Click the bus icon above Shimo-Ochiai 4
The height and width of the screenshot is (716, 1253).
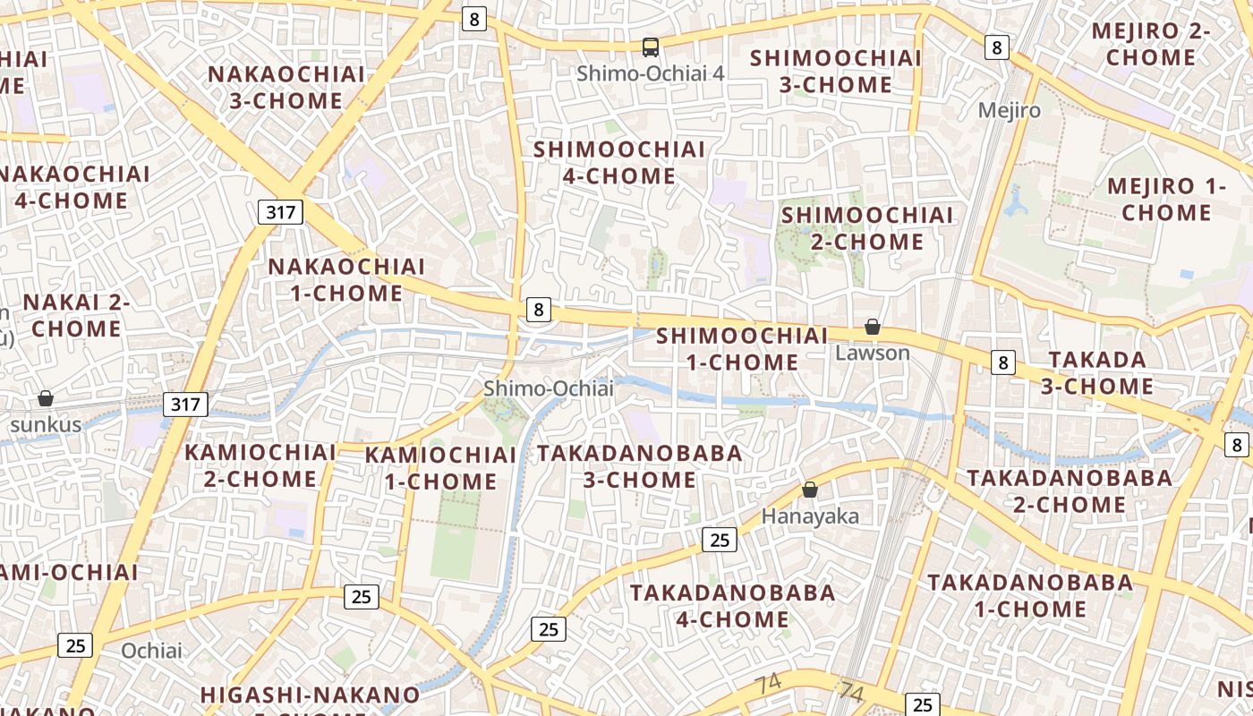(x=651, y=47)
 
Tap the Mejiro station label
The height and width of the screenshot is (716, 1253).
(x=1010, y=110)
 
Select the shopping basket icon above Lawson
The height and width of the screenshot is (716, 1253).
(x=872, y=328)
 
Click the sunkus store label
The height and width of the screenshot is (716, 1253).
(x=46, y=424)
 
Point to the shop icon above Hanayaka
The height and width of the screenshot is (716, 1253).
(x=810, y=490)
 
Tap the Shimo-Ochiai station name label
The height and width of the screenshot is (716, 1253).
(x=549, y=388)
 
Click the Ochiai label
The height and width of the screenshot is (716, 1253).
(x=151, y=651)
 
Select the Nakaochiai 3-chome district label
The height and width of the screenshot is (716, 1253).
(x=286, y=88)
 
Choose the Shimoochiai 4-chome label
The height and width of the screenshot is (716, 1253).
(x=619, y=163)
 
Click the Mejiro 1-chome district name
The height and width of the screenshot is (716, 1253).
(x=1166, y=200)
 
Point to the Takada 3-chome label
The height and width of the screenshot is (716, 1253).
(x=1097, y=373)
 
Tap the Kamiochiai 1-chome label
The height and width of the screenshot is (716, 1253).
(x=440, y=468)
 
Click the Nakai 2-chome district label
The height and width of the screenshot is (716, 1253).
(x=76, y=315)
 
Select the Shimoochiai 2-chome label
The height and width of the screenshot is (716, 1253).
(x=867, y=228)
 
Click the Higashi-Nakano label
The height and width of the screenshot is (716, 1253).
(x=310, y=695)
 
